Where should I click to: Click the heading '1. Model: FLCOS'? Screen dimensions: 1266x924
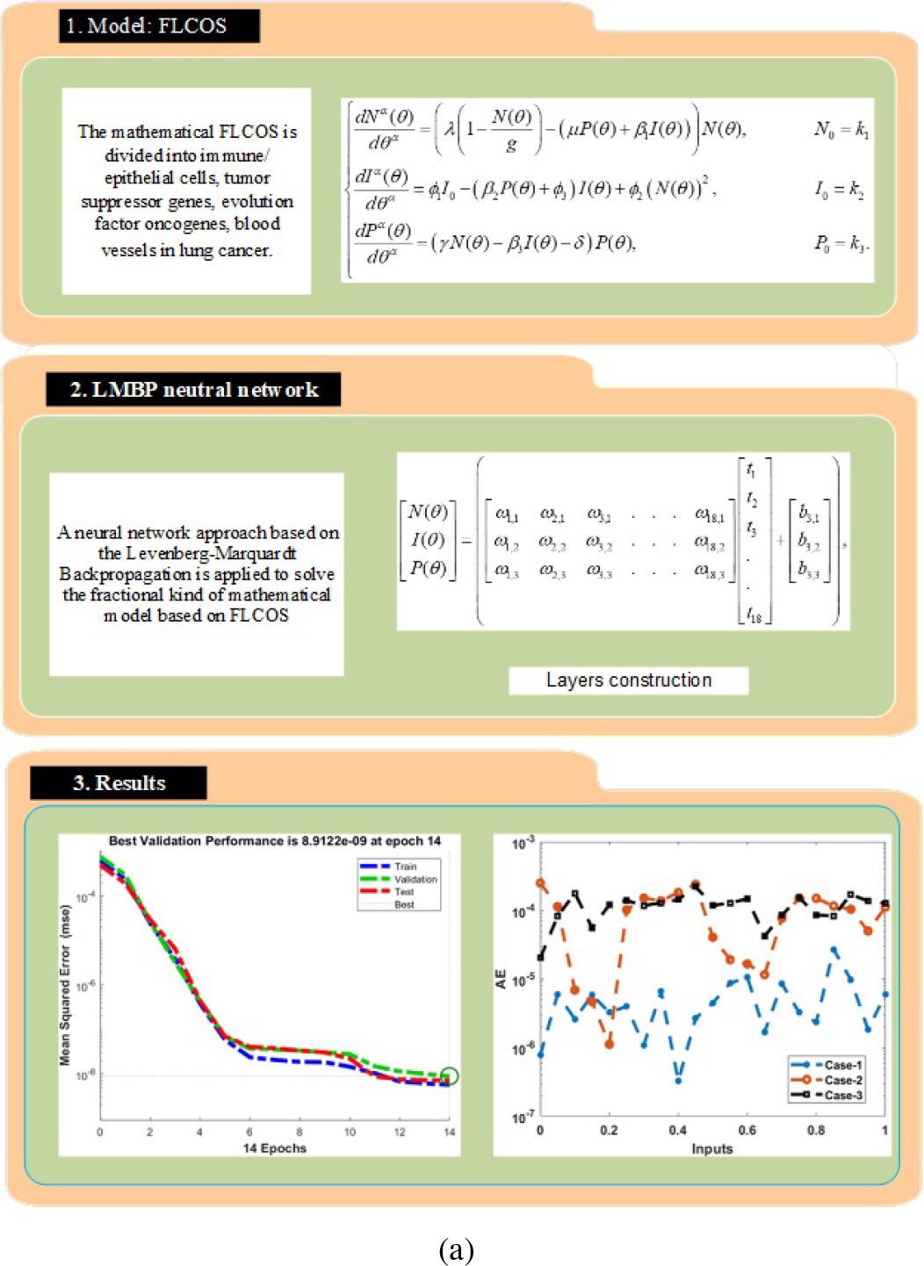click(147, 26)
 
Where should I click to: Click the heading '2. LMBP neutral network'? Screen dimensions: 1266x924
click(193, 390)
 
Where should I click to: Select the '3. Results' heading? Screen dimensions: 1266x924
click(119, 783)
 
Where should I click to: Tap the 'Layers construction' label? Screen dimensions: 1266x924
click(629, 680)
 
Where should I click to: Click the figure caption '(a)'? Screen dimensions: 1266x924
click(456, 1248)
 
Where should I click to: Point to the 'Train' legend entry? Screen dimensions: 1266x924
click(405, 867)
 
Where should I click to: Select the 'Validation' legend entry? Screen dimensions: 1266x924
click(415, 879)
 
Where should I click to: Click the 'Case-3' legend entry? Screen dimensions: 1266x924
click(842, 1095)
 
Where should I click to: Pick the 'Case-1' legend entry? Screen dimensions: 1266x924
click(842, 1065)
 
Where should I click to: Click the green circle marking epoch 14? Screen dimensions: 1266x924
click(450, 1076)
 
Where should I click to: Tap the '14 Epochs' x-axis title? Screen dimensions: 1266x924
click(274, 1147)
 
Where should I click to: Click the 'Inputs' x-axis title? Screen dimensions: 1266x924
click(711, 1148)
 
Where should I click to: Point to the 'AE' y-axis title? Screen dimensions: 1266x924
click(501, 979)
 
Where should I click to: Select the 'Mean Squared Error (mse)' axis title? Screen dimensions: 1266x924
click(65, 986)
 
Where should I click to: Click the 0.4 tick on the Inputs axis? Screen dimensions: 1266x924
click(677, 1131)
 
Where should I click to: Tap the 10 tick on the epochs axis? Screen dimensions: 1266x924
click(350, 1133)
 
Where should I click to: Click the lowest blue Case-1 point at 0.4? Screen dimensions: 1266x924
click(678, 1080)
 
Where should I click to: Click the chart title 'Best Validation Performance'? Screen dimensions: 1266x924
click(274, 841)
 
